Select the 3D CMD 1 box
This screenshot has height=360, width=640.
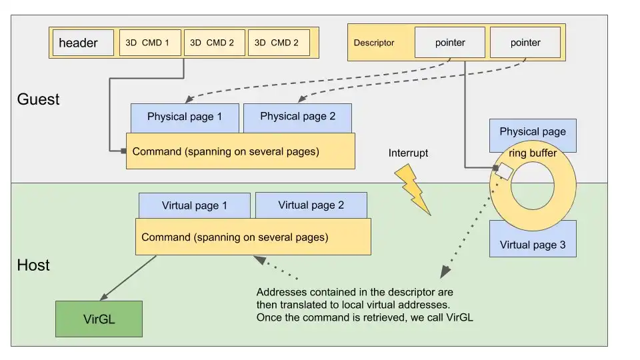[147, 43]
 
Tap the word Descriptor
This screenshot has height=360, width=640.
[374, 43]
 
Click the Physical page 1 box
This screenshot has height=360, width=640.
[185, 117]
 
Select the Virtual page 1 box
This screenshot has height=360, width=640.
[194, 205]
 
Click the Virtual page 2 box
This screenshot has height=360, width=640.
[311, 205]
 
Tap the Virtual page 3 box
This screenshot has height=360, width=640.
[532, 245]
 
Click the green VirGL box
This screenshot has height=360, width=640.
[99, 319]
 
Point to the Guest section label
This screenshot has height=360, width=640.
[38, 99]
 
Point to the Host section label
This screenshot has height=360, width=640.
[33, 265]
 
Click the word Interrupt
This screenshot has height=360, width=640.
[408, 153]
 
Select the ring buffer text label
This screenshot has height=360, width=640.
[532, 153]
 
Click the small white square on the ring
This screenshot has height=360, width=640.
[505, 172]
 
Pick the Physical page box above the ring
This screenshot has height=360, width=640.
[532, 131]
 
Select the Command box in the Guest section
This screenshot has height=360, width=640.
[240, 151]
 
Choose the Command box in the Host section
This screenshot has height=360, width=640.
[253, 237]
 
